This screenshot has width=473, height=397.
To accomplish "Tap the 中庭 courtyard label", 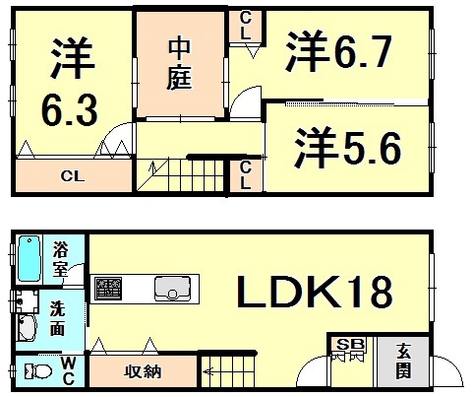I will [178, 63].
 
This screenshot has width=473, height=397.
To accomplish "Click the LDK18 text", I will [315, 291].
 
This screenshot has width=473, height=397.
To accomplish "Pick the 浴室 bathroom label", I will [61, 258].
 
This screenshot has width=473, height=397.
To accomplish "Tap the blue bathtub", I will [30, 259].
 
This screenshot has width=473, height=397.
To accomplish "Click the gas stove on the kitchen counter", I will [109, 288].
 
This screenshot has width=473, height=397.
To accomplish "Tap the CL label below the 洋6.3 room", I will [70, 178].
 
